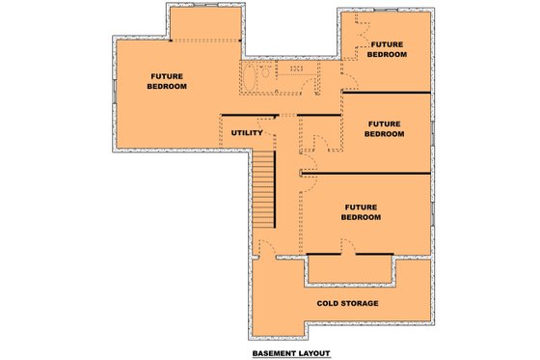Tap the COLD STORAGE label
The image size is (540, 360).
coord(347,303)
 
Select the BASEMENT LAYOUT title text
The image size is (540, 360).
coord(291,353)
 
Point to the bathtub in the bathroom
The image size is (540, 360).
coord(250,77)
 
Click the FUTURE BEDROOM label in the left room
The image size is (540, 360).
coord(167,81)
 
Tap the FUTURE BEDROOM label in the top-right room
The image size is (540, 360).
coord(386,49)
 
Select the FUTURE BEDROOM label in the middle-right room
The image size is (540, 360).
coord(383,129)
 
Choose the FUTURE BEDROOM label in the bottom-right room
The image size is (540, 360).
coord(362,212)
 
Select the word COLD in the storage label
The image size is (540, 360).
coord(329,303)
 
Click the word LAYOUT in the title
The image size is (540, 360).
coord(311,353)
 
